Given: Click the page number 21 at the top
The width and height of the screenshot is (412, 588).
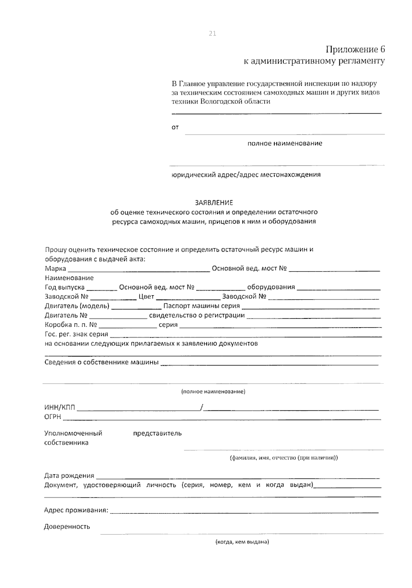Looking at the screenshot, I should [x=212, y=33].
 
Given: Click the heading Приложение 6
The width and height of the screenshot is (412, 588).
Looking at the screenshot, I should [x=355, y=49].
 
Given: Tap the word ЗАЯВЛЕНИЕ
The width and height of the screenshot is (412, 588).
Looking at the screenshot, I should [x=214, y=203].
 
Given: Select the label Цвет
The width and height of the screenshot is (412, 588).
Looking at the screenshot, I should [x=146, y=296].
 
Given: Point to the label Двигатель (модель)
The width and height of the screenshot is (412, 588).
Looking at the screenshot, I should [x=77, y=306].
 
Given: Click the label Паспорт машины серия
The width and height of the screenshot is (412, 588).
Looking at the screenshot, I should [x=202, y=306].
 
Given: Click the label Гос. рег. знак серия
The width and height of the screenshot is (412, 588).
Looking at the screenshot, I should [x=76, y=334].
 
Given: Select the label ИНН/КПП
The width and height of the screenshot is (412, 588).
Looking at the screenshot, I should [x=60, y=407].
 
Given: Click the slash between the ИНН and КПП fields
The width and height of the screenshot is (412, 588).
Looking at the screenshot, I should [x=202, y=407].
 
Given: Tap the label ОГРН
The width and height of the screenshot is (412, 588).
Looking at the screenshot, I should [x=53, y=417].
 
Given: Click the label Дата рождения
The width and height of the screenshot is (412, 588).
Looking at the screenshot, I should [x=69, y=476].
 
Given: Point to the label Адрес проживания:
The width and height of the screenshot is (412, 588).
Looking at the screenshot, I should [x=76, y=510].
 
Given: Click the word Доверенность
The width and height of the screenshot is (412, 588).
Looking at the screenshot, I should [x=67, y=527].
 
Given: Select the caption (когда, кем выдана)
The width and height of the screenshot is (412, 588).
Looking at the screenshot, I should [x=242, y=542].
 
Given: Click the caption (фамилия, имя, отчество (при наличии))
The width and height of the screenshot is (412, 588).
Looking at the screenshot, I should [x=284, y=458].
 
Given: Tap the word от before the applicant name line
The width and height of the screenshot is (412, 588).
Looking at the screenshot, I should [x=175, y=128].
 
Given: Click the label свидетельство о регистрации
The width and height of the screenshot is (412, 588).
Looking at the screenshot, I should [x=197, y=315].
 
